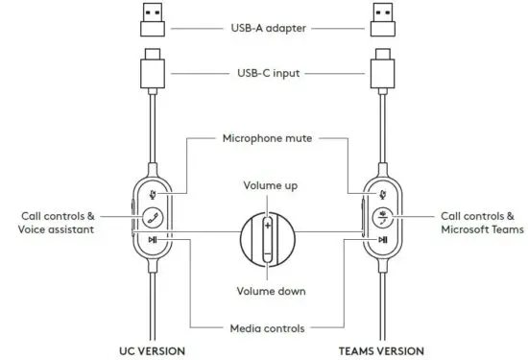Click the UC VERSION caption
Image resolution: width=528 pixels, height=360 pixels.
point(153,351)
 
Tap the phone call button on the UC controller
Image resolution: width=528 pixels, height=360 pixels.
point(153,216)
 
